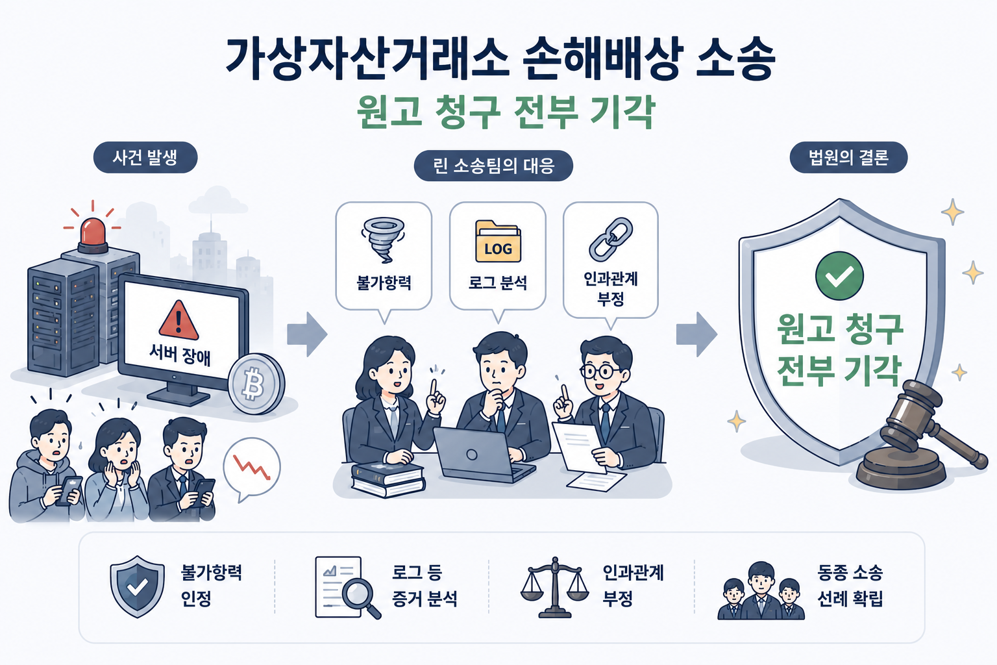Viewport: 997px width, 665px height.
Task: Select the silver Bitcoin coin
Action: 256,384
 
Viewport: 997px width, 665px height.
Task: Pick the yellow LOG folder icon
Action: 498,242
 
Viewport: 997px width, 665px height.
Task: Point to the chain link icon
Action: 611,239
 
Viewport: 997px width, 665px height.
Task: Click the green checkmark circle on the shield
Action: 839,276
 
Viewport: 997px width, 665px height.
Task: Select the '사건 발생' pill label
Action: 145,157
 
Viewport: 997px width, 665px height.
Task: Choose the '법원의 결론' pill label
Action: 848,157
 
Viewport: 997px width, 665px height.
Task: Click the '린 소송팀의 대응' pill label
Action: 493,166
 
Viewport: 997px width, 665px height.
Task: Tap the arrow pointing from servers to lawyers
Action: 307,334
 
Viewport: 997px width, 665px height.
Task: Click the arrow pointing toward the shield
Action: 696,334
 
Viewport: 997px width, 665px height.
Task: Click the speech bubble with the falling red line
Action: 252,469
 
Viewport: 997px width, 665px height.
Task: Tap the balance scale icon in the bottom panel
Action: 554,587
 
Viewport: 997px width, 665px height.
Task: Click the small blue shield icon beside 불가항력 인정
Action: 137,586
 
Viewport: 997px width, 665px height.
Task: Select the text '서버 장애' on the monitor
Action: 180,355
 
